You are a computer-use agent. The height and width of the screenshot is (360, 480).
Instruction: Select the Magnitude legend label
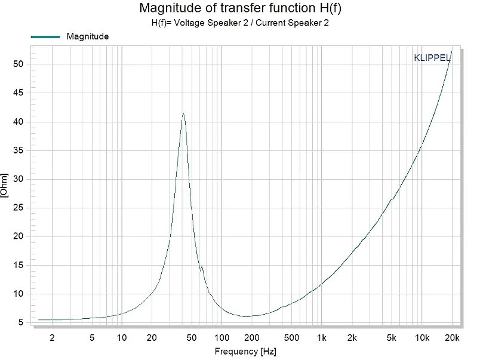[88, 36]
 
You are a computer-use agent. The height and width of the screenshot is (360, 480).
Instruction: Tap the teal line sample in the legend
[45, 36]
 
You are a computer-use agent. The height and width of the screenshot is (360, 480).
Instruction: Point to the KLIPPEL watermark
[432, 58]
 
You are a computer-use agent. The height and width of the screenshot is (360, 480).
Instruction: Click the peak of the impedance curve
[183, 114]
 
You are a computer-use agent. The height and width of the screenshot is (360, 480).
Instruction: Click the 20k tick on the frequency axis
[452, 338]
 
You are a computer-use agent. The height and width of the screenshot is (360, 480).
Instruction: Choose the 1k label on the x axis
[322, 338]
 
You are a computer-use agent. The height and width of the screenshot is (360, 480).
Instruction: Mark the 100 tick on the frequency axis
[221, 338]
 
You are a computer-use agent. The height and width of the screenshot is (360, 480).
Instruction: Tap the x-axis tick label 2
[52, 338]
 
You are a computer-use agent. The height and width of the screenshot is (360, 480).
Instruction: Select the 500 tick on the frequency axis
[291, 338]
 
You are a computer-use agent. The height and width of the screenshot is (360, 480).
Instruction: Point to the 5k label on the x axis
[392, 338]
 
